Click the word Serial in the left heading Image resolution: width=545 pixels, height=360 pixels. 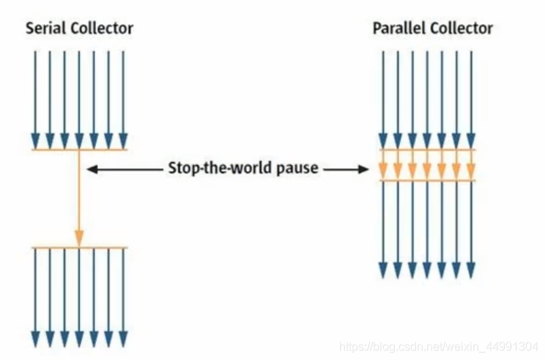(45, 29)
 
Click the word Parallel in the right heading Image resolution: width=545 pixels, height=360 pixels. (398, 29)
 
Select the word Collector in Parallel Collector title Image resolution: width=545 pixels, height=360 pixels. (461, 29)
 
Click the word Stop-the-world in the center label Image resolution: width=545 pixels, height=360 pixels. (219, 169)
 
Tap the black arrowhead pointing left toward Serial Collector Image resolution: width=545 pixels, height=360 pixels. (92, 169)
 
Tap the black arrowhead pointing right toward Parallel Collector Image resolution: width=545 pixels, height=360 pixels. (363, 169)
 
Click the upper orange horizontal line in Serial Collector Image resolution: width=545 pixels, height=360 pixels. (79, 150)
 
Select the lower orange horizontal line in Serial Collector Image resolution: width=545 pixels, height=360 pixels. (79, 248)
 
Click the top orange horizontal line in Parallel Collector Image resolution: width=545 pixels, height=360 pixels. (426, 150)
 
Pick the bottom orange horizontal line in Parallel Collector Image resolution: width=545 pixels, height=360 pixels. (426, 180)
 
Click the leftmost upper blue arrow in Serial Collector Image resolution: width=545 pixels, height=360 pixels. (35, 95)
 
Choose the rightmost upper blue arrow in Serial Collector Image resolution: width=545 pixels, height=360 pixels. (123, 95)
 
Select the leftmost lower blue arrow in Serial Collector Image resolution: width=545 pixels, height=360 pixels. (35, 293)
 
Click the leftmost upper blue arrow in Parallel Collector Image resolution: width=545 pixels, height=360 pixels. (382, 95)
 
